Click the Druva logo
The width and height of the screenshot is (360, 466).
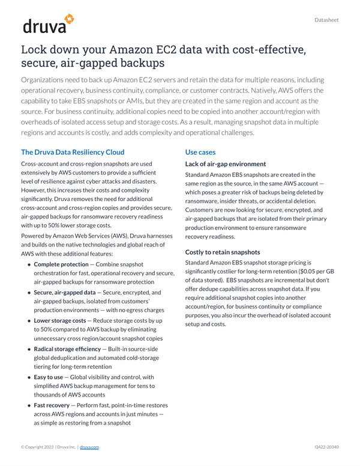click(x=48, y=25)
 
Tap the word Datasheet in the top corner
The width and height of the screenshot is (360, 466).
click(x=326, y=20)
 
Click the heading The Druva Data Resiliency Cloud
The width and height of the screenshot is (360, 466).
click(x=73, y=152)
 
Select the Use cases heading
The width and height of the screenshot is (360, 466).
click(x=200, y=152)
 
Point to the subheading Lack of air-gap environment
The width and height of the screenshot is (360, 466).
click(x=226, y=164)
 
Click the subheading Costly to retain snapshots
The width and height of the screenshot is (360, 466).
click(x=223, y=252)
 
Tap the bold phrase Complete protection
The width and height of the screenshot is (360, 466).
click(x=61, y=264)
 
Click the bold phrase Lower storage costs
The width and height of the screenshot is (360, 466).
click(x=59, y=321)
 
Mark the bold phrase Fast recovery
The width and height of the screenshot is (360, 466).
click(x=52, y=405)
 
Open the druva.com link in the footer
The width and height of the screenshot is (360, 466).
click(x=89, y=447)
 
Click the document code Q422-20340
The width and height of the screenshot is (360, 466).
click(x=326, y=447)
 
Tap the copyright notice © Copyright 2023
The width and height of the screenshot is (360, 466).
click(x=38, y=447)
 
